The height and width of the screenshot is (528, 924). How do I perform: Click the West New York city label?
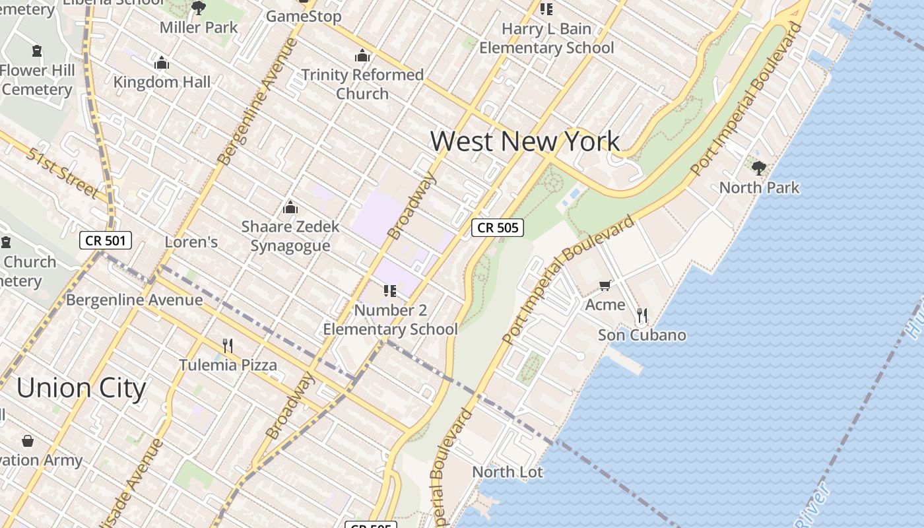525,141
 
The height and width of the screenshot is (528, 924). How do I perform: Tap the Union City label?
81,387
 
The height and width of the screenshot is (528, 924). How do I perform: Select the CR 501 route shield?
106,241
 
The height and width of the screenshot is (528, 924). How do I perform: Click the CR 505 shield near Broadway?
498,228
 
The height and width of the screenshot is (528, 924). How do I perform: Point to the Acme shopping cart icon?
605,285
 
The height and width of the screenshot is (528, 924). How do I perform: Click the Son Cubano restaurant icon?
642,315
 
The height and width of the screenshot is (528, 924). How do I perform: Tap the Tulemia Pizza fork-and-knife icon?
228,345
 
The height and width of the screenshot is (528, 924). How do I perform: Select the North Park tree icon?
759,168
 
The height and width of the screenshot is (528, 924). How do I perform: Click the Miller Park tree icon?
198,8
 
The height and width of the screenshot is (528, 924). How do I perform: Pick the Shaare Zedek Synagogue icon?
290,207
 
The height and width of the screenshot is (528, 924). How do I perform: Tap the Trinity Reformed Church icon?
362,55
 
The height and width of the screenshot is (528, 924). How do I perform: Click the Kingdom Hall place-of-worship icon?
162,63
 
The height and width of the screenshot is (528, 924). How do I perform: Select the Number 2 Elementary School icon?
389,290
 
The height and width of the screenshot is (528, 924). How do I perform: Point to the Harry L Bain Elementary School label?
546,38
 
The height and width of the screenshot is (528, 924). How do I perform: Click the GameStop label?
304,16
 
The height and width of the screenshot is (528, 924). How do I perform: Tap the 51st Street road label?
63,174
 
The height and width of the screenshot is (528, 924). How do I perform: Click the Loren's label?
191,242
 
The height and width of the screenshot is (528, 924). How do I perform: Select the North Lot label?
508,472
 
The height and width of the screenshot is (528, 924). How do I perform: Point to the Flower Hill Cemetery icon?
36,51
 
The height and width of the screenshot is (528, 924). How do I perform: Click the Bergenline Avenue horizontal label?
134,300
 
